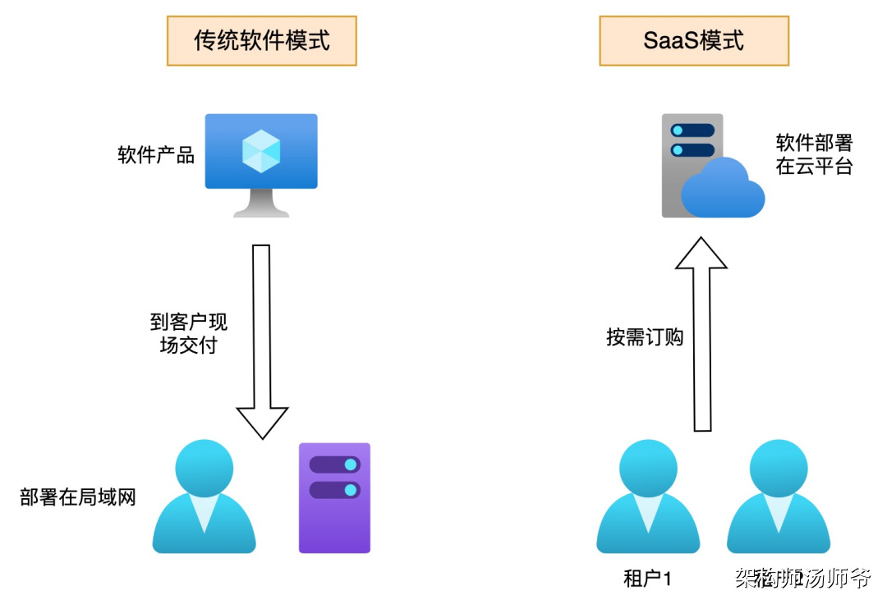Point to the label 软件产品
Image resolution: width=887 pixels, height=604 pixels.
[156, 154]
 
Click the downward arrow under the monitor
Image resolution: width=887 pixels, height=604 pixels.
[261, 341]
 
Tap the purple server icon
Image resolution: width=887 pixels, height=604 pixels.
[334, 497]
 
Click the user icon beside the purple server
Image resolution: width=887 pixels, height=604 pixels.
[204, 497]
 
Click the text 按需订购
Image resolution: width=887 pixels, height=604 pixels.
[645, 337]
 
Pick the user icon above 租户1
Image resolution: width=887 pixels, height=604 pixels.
[648, 497]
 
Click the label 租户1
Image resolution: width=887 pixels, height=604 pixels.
[648, 579]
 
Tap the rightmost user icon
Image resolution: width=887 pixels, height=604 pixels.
[778, 497]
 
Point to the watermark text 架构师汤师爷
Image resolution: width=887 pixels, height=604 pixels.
[802, 579]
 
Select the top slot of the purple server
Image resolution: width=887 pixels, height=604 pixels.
[334, 464]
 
